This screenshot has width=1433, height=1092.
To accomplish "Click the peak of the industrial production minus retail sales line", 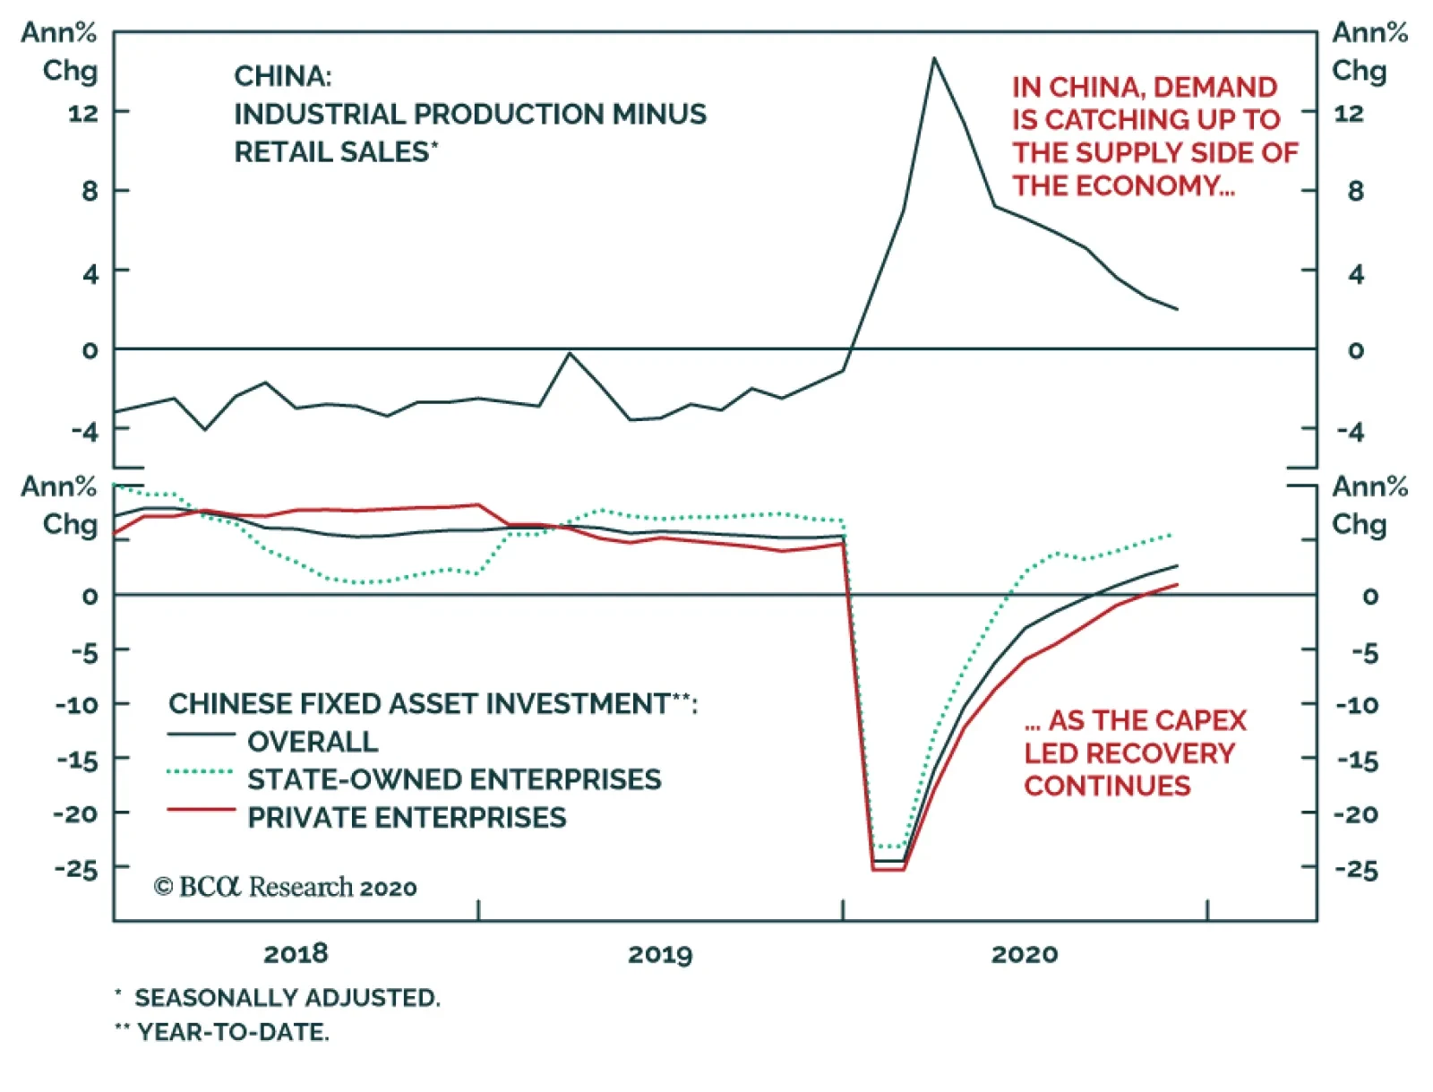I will coord(934,59).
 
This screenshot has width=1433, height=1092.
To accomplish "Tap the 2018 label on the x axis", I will coord(296,954).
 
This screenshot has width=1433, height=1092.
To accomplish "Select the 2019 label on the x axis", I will coord(660,954).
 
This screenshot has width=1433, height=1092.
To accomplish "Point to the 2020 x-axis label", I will coord(1025,954).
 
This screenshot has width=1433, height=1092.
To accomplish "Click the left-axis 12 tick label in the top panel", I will coord(83,113).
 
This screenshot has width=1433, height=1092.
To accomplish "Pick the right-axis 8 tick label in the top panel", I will coord(1355,191).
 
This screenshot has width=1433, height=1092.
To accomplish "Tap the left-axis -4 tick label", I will coord(85,431).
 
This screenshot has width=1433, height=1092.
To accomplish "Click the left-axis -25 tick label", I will coord(76,868).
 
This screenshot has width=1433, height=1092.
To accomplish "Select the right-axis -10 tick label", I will coord(1357,705).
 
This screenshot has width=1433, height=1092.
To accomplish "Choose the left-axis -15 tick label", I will coord(76,761).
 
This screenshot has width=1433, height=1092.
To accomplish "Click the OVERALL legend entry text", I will coord(313,742).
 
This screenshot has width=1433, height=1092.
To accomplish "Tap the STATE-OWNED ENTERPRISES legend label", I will coord(454,779).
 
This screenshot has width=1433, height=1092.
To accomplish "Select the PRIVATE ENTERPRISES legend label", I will coord(407,817).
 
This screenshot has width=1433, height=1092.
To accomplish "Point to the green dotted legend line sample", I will coord(201,771).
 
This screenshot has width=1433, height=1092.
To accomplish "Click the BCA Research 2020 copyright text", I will coord(286,887).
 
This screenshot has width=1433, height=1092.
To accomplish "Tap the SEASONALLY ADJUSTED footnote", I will coord(287,998).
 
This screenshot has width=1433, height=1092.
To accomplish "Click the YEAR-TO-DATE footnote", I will coord(233,1032).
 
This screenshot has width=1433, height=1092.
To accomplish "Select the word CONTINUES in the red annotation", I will coord(1107,786).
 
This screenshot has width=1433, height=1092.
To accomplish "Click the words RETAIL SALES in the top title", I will coord(331,152).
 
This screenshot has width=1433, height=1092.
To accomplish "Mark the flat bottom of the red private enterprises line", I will coord(888,869).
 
